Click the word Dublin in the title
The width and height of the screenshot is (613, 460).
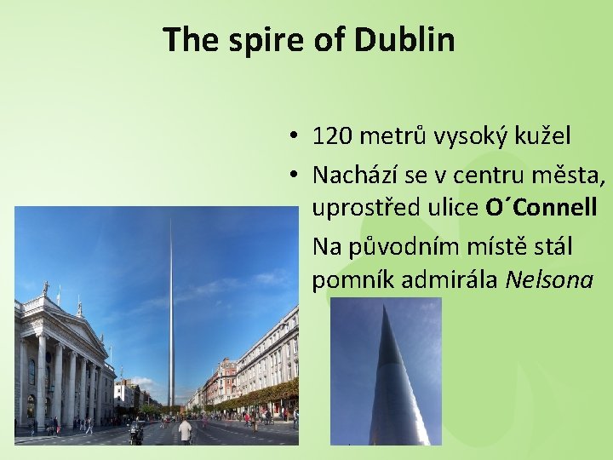(x=404, y=39)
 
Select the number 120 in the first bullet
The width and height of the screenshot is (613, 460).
(x=330, y=135)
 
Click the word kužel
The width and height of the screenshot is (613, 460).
(x=543, y=135)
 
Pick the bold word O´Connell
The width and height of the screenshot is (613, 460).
(x=541, y=207)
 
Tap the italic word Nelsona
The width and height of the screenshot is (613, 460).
(x=548, y=280)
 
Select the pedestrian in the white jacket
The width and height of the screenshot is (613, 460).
(x=185, y=431)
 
